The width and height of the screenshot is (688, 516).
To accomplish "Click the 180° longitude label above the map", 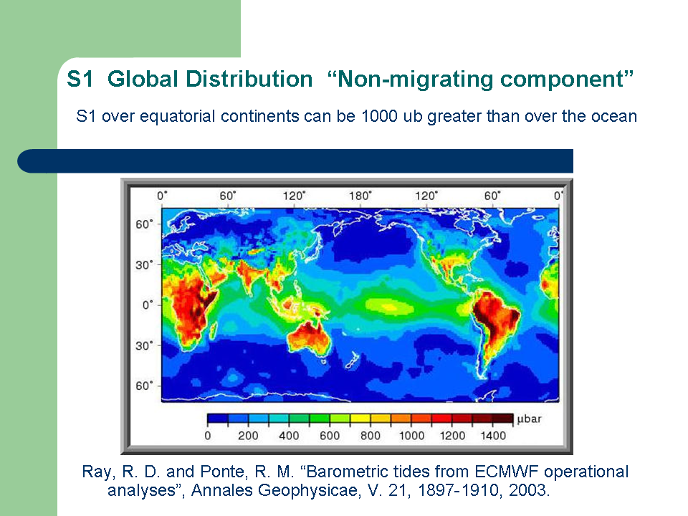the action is coord(360,195).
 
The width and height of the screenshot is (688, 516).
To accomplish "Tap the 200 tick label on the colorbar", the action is coord(248,436).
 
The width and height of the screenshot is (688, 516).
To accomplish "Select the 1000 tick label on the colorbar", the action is coord(411,436).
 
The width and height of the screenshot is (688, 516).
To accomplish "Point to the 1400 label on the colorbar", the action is coord(493,436).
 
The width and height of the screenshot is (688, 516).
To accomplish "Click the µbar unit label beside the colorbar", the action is coord(529,419).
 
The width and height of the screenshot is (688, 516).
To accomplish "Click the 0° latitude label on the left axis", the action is coord(148,305).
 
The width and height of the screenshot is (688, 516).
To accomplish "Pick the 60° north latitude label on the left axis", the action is coord(144,224).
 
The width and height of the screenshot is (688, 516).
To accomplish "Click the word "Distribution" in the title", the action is coord(210,80).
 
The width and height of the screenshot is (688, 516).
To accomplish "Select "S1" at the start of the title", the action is coord(80,80).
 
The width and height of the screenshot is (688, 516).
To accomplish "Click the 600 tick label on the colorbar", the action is coord(330,436).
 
